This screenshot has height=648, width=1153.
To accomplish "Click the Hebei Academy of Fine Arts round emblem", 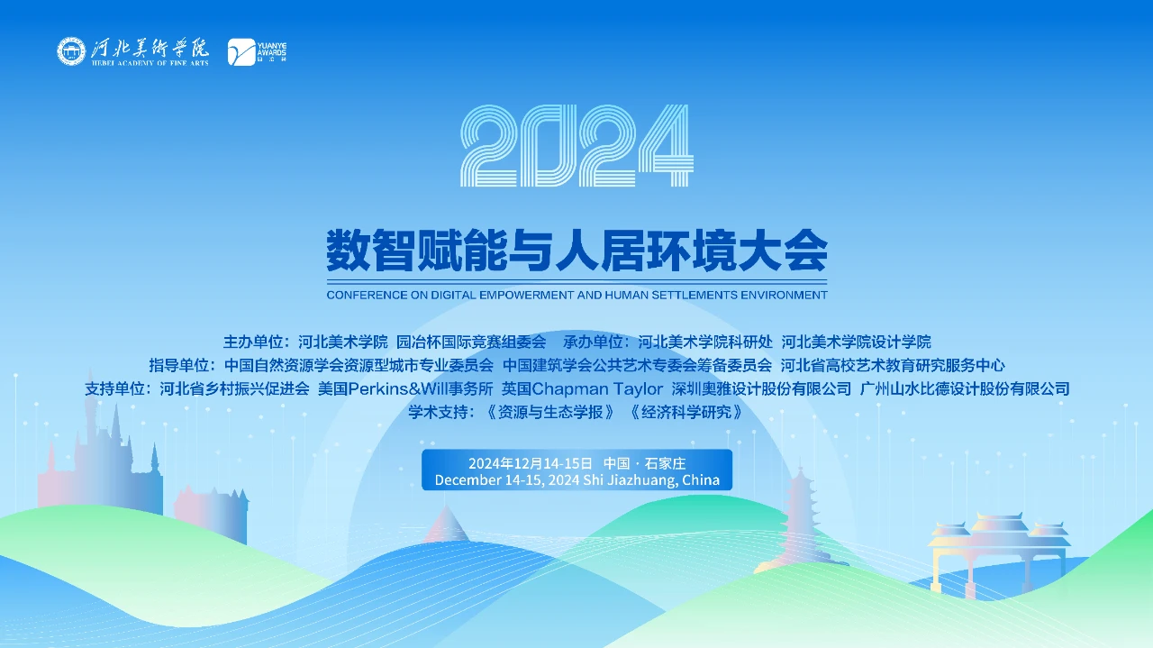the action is pos(71,51).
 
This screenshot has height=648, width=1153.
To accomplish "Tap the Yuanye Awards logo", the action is pos(257,52).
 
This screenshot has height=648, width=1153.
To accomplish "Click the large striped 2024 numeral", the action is pos(576,146).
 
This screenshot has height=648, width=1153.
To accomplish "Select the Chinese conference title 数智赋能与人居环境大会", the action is pos(577,251).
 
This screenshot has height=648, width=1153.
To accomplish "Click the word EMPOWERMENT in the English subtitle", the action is pos(527,295).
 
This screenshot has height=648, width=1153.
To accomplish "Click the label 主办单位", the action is pos(252,342).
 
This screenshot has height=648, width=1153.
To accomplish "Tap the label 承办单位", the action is pos(593,342).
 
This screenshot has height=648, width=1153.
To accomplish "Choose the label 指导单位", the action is pos(178,365).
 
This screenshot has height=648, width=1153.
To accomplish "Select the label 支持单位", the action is pos(114,389).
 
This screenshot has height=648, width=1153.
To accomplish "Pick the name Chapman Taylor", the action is pos(597,389).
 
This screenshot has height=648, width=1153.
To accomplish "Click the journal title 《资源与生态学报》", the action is pos(550,412).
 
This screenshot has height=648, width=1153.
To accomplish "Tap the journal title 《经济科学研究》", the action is pos(685,412).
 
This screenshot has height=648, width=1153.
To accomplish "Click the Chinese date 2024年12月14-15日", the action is pos(530,463).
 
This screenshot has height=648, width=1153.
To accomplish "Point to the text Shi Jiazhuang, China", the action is pos(651,480).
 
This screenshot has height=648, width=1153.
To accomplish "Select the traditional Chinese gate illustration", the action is pos(999,553).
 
